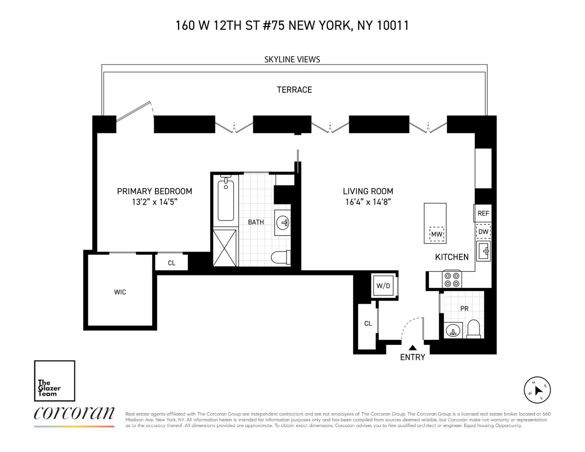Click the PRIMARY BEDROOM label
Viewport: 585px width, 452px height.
(x=154, y=191)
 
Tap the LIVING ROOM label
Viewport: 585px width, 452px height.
(x=368, y=191)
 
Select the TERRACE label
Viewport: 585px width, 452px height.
(x=294, y=89)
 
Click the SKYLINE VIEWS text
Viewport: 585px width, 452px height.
(x=292, y=59)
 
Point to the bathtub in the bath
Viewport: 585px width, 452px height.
(x=225, y=199)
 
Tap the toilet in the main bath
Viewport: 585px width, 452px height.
(x=280, y=257)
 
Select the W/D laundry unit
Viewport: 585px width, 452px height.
(x=383, y=286)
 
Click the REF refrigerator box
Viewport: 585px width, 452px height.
(x=483, y=213)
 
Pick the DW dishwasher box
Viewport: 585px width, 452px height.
(x=483, y=232)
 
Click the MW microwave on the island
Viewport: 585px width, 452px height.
(x=436, y=234)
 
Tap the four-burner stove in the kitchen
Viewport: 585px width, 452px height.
(x=451, y=278)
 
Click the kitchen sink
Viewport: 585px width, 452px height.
(x=483, y=250)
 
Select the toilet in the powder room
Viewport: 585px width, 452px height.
(x=474, y=329)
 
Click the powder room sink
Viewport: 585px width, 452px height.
(x=452, y=330)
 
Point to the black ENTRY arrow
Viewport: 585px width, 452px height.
(x=412, y=348)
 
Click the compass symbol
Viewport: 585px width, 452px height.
(x=537, y=390)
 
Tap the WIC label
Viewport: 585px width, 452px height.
(x=120, y=292)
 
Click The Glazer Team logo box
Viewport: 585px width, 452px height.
(x=55, y=381)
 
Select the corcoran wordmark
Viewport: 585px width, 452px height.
(x=74, y=413)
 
